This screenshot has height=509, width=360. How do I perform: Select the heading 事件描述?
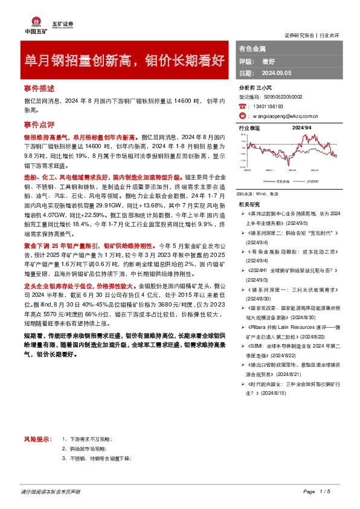(39, 88)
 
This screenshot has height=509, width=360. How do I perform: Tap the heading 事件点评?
(39, 125)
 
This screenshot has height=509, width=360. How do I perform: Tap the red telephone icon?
(243, 105)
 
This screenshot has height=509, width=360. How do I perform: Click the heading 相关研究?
(249, 204)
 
